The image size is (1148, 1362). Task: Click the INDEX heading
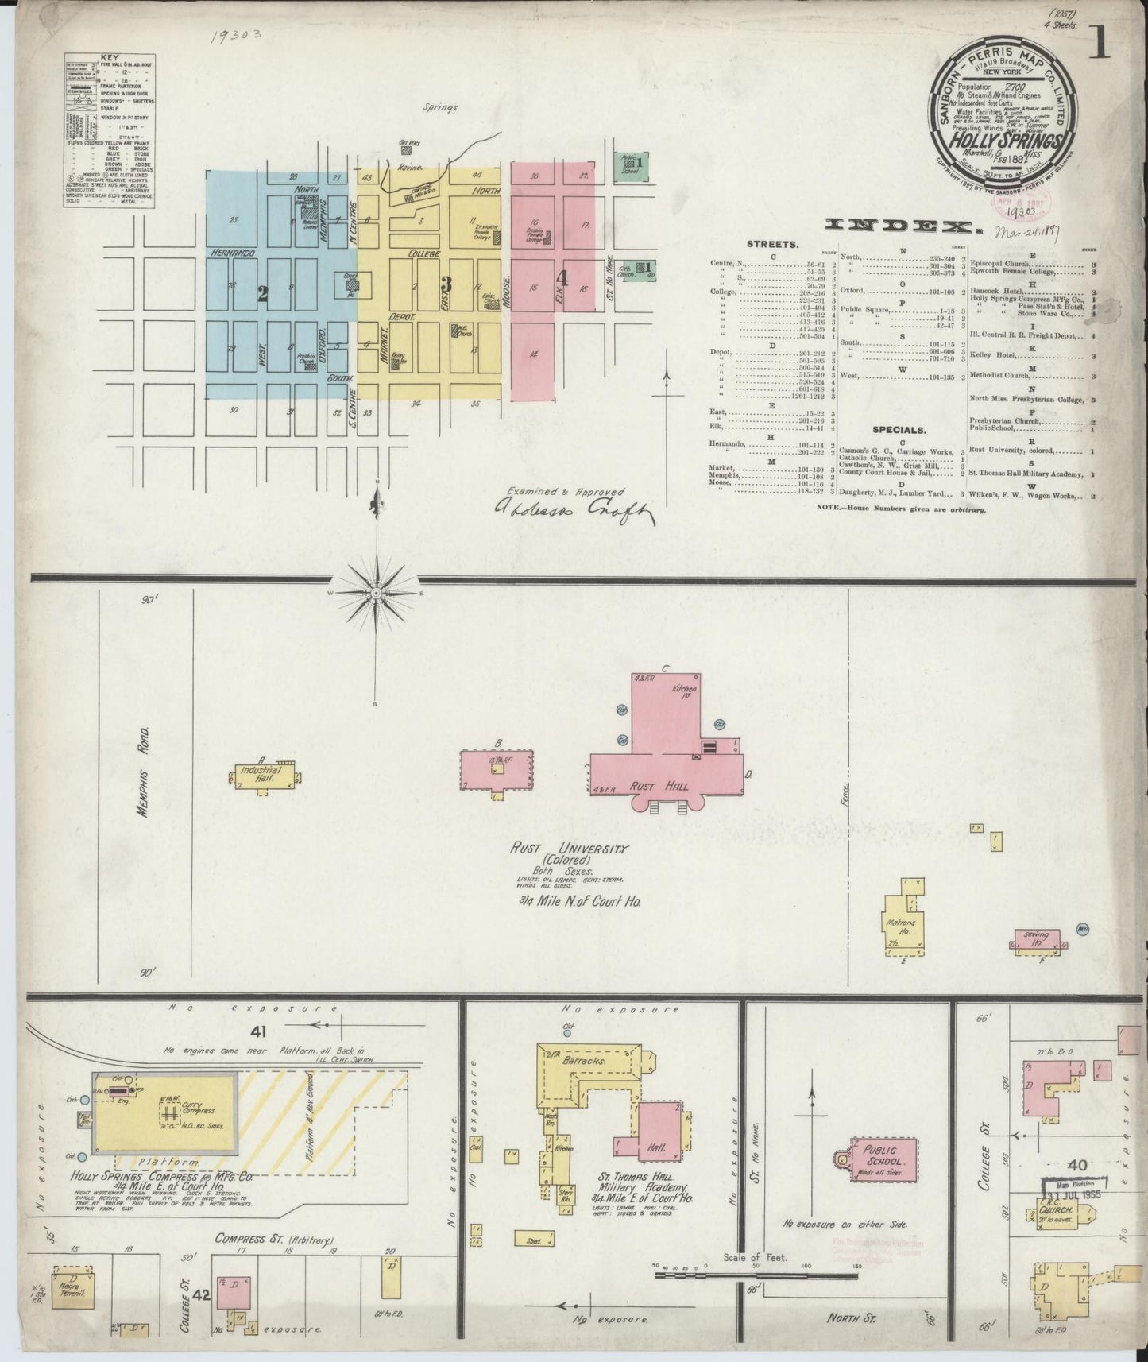(x=904, y=227)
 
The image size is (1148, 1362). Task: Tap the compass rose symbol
(x=375, y=593)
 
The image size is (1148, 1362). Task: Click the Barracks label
(x=592, y=1060)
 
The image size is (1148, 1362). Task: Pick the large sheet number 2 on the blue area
(x=262, y=294)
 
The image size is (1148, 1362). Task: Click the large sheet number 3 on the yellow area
(x=447, y=283)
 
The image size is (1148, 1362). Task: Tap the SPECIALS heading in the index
(x=899, y=430)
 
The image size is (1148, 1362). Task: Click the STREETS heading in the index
(x=773, y=244)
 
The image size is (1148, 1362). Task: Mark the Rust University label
(x=569, y=849)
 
